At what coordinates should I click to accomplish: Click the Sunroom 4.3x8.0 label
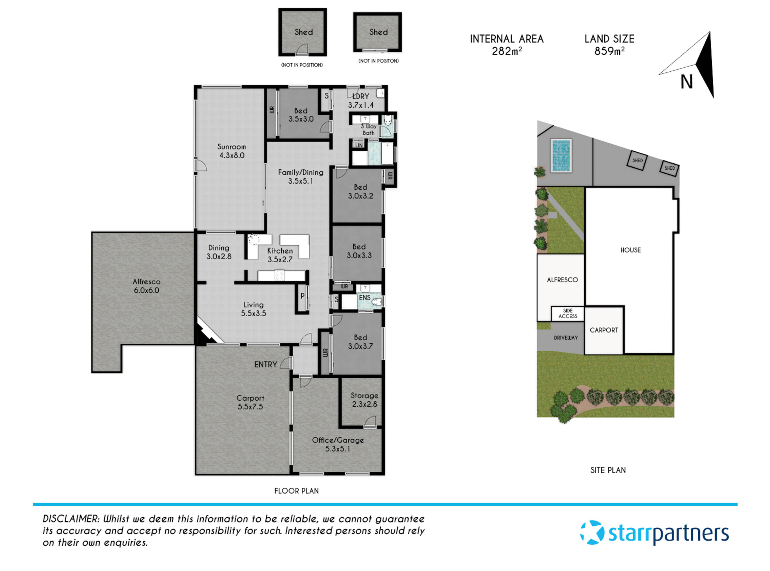pyautogui.click(x=231, y=151)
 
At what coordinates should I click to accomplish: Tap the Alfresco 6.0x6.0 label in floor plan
pyautogui.click(x=146, y=286)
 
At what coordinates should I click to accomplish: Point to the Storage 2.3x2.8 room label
pyautogui.click(x=364, y=400)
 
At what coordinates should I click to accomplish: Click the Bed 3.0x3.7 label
pyautogui.click(x=360, y=342)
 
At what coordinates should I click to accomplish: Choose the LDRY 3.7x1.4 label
pyautogui.click(x=361, y=100)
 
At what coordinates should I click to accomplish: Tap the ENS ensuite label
pyautogui.click(x=365, y=297)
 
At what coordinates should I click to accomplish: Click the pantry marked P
pyautogui.click(x=302, y=296)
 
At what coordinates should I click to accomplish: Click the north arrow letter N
pyautogui.click(x=687, y=82)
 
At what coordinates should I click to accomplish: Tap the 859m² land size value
pyautogui.click(x=609, y=51)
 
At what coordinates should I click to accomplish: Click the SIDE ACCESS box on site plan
pyautogui.click(x=568, y=313)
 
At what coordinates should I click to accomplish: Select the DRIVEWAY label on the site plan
pyautogui.click(x=565, y=338)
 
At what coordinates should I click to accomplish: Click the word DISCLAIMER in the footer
pyautogui.click(x=71, y=519)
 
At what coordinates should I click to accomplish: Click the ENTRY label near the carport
pyautogui.click(x=265, y=365)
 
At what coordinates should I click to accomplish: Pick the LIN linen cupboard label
pyautogui.click(x=359, y=145)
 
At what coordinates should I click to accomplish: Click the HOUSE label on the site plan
pyautogui.click(x=630, y=250)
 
